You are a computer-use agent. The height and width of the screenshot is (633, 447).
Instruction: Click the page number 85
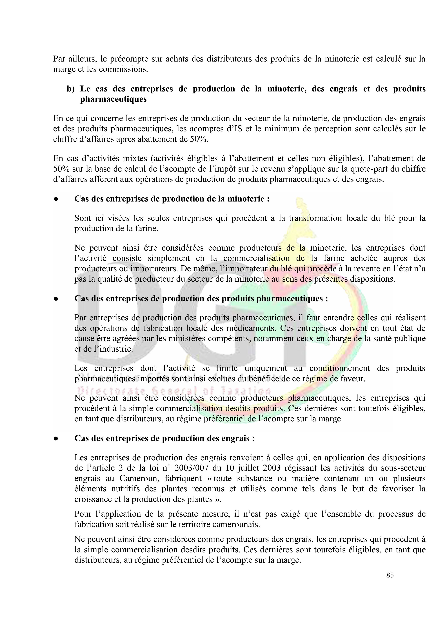(390, 575)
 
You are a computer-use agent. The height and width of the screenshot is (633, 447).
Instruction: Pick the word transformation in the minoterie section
(315, 218)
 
